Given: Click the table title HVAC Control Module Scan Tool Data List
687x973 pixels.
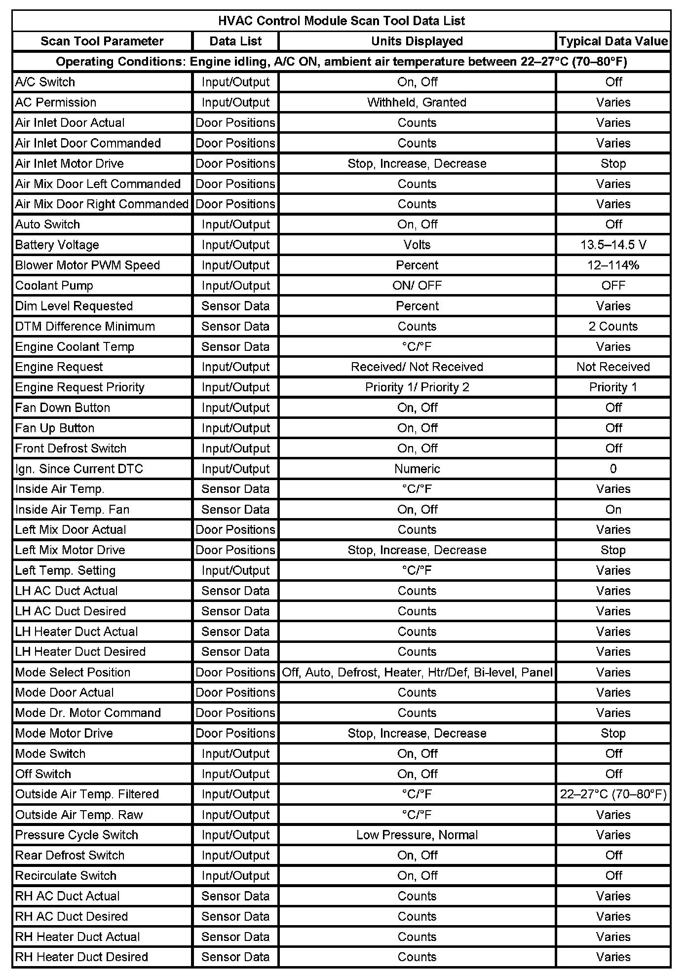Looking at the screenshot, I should [x=342, y=21].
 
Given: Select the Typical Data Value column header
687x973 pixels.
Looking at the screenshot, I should [x=613, y=41].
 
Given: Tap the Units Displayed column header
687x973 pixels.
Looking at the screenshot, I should [x=417, y=41].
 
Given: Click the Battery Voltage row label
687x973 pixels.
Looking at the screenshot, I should [x=57, y=245].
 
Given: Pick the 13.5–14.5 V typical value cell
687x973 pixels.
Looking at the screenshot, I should [x=613, y=245].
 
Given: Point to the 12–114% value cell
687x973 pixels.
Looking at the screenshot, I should [x=613, y=265].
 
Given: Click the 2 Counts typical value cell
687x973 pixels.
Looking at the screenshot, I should [x=613, y=326].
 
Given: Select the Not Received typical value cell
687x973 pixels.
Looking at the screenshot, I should [x=613, y=367].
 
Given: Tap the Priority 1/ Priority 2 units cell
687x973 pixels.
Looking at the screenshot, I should [x=417, y=387].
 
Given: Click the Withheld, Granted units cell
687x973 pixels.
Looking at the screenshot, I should [x=417, y=102].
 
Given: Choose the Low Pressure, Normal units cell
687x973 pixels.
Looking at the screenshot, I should [x=417, y=835].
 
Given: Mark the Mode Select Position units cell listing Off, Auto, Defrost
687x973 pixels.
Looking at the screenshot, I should [x=417, y=672].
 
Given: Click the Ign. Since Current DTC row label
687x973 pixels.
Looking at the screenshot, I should [x=79, y=469].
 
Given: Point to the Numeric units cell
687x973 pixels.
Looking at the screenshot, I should [x=417, y=469].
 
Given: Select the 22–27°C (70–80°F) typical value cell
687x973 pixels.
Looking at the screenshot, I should [x=613, y=794].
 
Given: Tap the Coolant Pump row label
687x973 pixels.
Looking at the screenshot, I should [x=54, y=285].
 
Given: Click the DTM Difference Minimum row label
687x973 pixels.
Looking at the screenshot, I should [x=85, y=326].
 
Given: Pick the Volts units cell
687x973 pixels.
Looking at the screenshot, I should [x=417, y=245].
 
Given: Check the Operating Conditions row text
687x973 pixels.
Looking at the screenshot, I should [x=342, y=62].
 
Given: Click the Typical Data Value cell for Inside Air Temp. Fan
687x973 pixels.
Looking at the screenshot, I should [x=613, y=509].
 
